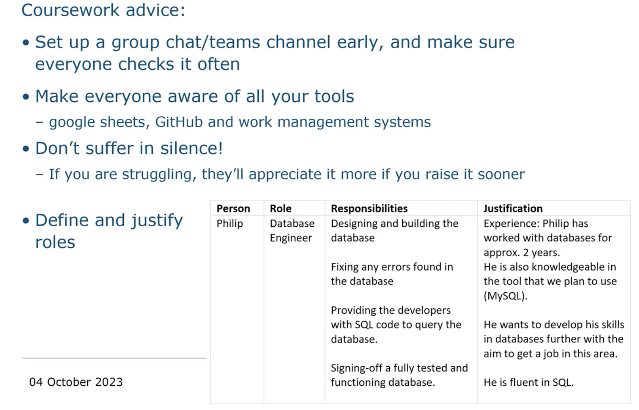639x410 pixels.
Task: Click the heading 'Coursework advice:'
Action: pyautogui.click(x=103, y=10)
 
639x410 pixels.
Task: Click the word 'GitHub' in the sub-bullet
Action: pyautogui.click(x=179, y=122)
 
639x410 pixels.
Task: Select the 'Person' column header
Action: pyautogui.click(x=233, y=208)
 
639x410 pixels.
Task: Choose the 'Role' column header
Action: pyautogui.click(x=281, y=208)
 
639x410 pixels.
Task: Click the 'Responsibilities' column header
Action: pyautogui.click(x=369, y=208)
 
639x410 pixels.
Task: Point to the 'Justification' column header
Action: pyautogui.click(x=513, y=208)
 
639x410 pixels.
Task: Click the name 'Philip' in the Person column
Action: pyautogui.click(x=230, y=224)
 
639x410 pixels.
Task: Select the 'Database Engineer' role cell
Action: pyautogui.click(x=292, y=230)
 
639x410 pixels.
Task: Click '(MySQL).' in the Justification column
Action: pyautogui.click(x=505, y=296)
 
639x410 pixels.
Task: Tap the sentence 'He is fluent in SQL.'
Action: pyautogui.click(x=528, y=382)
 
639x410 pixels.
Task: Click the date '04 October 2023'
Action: pyautogui.click(x=76, y=382)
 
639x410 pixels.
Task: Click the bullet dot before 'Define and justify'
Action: pyautogui.click(x=26, y=221)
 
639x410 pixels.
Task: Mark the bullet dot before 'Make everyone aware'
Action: pyautogui.click(x=26, y=97)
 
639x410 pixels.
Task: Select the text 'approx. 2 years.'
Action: pyautogui.click(x=522, y=253)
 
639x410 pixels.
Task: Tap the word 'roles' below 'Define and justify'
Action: pyautogui.click(x=55, y=242)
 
